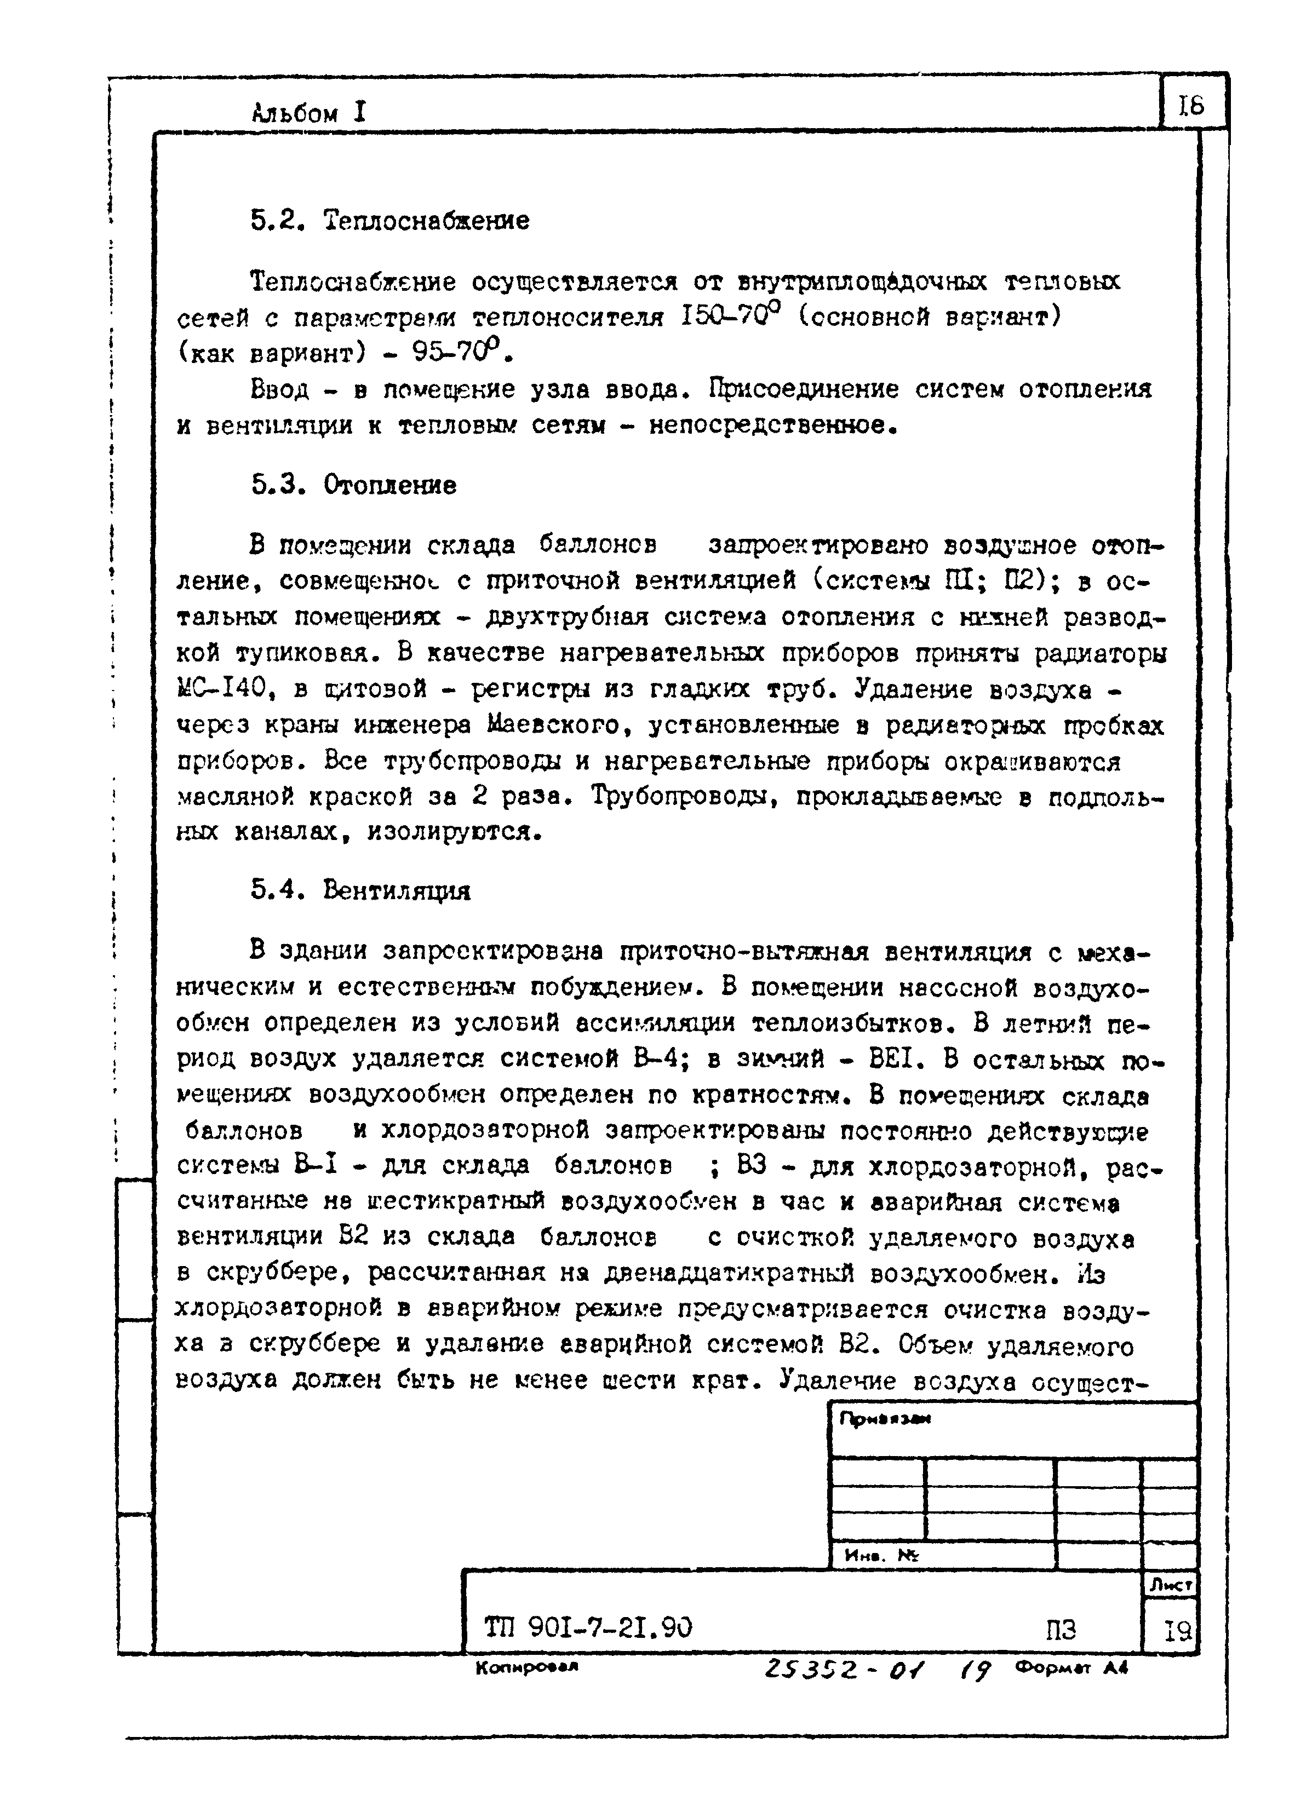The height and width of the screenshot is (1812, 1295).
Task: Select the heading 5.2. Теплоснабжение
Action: point(389,220)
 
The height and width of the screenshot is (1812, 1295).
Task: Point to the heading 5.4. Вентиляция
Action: point(360,890)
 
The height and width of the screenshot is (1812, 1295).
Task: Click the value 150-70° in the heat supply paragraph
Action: point(730,317)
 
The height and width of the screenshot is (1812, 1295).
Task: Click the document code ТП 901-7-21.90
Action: point(588,1626)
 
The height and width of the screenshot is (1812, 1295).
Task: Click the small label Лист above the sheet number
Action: point(1170,1586)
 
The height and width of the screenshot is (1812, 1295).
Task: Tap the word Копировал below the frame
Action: point(526,1667)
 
